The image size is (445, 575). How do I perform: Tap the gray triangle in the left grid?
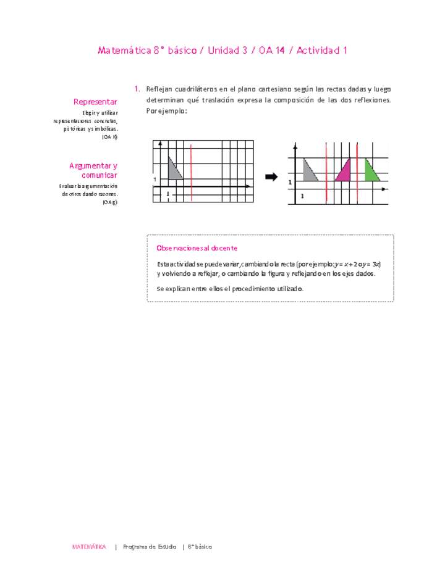click(174, 171)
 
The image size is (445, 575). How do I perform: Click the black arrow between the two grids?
click(271, 177)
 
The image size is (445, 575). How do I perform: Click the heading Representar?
click(96, 101)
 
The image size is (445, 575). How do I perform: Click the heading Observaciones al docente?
click(197, 248)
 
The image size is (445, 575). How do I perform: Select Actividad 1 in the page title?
click(321, 51)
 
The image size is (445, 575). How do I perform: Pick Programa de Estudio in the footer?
click(150, 547)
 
